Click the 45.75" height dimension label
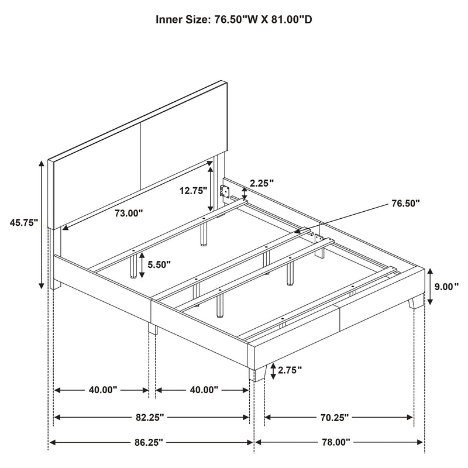[23, 222]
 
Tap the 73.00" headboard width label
[129, 214]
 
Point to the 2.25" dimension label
[261, 183]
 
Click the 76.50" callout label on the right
[404, 204]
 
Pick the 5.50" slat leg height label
[159, 264]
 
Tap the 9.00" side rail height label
[448, 287]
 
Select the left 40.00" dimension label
[101, 390]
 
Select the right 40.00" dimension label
[202, 390]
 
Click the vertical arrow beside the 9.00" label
[429, 287]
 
